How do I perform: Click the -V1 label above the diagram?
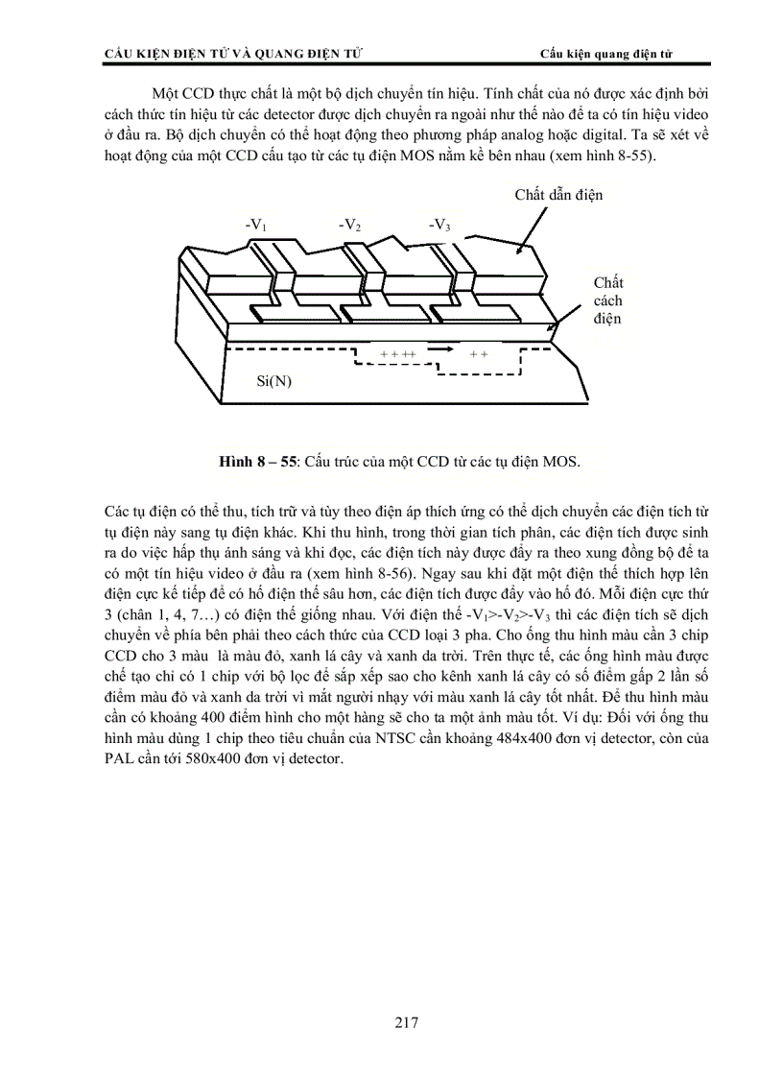pos(255,226)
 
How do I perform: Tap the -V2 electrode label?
pos(349,226)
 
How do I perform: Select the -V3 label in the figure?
pos(439,226)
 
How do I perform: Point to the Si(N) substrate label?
pos(274,381)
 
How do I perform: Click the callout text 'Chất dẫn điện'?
pos(558,196)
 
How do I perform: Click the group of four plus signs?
pos(397,354)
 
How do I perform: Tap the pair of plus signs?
pos(479,354)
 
